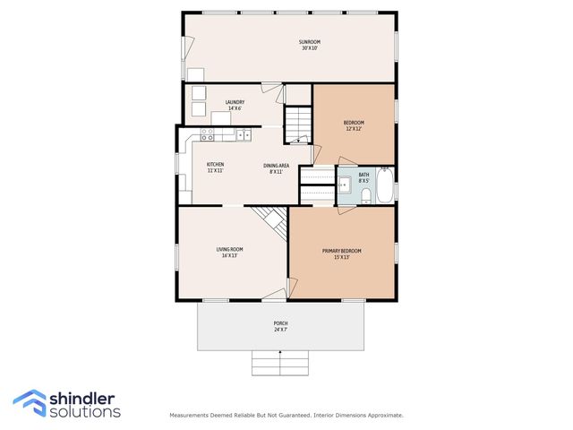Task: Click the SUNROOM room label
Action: [x=310, y=42]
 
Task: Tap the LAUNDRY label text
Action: [x=235, y=102]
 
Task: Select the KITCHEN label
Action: [x=215, y=165]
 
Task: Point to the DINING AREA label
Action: [x=276, y=165]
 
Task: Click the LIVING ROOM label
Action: [x=229, y=249]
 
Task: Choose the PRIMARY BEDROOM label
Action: [x=342, y=251]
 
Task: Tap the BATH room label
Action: [x=363, y=175]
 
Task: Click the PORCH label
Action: [x=280, y=323]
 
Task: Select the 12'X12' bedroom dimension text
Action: [x=354, y=129]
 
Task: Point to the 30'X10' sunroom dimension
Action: [x=310, y=48]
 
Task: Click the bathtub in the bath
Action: [x=385, y=187]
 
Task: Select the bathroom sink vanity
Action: [x=344, y=186]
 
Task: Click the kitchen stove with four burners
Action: [x=207, y=135]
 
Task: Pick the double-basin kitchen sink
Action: [x=243, y=135]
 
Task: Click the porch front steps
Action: [x=280, y=363]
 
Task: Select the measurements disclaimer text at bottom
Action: [x=286, y=415]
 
